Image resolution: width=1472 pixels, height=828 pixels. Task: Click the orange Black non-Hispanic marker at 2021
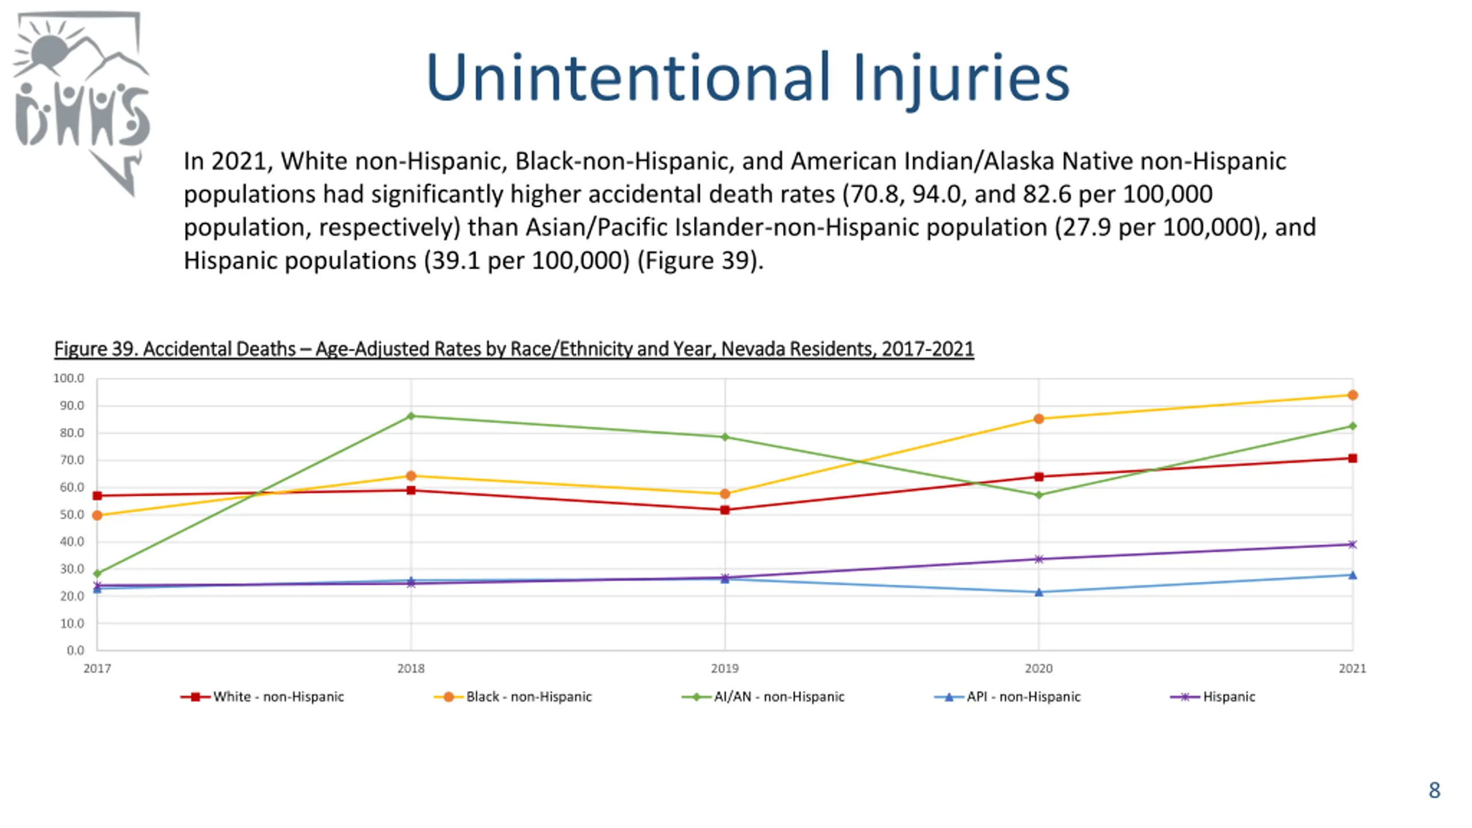click(1352, 395)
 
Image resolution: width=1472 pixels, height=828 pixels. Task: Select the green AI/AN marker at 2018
click(411, 416)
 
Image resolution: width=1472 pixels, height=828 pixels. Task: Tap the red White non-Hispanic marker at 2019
click(724, 510)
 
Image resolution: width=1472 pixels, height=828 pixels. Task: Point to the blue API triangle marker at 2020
click(1038, 592)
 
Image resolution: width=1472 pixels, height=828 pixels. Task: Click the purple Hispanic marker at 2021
click(1352, 544)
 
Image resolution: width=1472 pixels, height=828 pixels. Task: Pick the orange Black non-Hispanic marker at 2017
click(97, 515)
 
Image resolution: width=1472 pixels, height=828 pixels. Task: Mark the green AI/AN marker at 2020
click(1038, 494)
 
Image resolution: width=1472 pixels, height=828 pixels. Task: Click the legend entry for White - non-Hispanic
click(262, 697)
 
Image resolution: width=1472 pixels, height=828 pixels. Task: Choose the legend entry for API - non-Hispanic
click(1007, 697)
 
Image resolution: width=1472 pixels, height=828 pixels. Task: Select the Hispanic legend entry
click(1213, 697)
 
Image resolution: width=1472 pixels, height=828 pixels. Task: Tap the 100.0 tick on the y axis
click(68, 378)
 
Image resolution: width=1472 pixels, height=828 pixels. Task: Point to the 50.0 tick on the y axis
click(72, 515)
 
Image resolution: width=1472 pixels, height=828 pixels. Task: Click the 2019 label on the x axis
click(724, 669)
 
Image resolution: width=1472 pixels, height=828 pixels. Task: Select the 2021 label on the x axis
click(1352, 669)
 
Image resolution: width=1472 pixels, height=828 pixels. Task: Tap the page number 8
click(1435, 790)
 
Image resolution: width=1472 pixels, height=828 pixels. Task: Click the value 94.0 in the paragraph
click(936, 194)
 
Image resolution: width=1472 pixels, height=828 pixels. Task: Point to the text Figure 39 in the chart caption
click(96, 349)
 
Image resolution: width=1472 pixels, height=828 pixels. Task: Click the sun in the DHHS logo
click(50, 50)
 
